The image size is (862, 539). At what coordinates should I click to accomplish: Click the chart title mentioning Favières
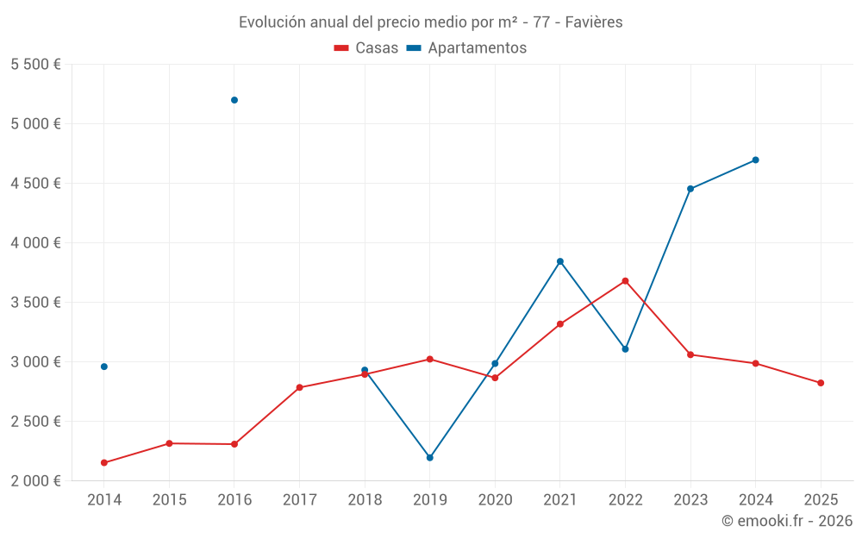click(430, 22)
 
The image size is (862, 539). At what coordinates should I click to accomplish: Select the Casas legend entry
click(366, 48)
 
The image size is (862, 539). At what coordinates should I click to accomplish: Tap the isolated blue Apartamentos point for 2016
click(234, 100)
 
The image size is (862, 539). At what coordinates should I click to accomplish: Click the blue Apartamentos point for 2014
click(104, 367)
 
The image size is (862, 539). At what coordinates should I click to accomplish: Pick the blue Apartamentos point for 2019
click(430, 458)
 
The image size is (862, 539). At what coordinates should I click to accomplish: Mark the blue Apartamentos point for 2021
click(560, 261)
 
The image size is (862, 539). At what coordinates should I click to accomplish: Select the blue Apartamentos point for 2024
click(756, 160)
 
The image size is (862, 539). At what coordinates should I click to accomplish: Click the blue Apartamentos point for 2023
click(690, 189)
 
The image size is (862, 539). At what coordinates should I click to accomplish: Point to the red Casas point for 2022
click(626, 281)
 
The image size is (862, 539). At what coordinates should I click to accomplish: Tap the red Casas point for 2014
click(104, 463)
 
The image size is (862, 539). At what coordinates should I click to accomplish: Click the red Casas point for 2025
click(821, 383)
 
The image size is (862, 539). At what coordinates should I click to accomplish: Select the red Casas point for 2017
click(299, 387)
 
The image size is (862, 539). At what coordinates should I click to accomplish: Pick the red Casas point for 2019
click(430, 359)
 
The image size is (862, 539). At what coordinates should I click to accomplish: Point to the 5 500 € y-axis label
click(35, 65)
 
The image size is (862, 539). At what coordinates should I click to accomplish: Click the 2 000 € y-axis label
click(35, 481)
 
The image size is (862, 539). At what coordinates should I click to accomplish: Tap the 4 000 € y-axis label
click(35, 243)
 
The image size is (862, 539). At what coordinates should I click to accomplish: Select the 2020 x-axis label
click(495, 500)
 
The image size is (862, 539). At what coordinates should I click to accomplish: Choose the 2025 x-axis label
click(821, 500)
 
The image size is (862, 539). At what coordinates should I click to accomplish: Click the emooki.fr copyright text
click(786, 521)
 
